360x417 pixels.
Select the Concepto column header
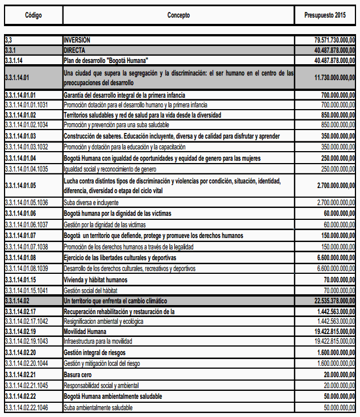coord(178,15)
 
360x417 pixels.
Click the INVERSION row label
coord(77,41)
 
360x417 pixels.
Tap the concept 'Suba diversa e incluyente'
coord(91,202)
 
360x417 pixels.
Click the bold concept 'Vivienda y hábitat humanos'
coord(95,280)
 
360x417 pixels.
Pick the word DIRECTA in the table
coord(74,51)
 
